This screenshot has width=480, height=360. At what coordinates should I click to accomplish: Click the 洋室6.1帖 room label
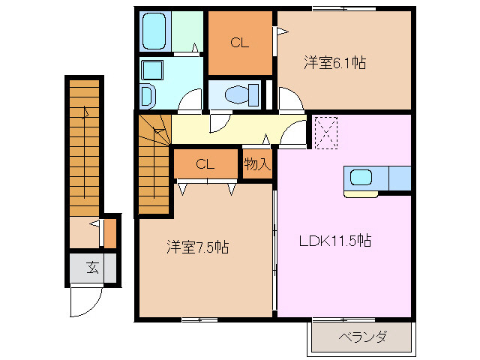coord(334,63)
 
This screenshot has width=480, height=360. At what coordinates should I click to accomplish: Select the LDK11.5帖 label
coord(335,241)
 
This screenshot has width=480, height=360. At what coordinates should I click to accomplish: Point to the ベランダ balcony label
coord(362,337)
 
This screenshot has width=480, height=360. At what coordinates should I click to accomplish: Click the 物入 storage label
coord(256,163)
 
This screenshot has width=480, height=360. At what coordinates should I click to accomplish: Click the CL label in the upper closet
coord(240,43)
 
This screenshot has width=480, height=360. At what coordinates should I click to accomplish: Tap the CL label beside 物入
coord(205,163)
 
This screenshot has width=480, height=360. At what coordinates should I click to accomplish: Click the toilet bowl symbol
coord(235,94)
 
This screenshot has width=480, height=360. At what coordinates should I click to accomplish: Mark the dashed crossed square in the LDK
coord(325,132)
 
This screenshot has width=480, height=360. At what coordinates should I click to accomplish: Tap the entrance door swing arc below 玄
coord(83,302)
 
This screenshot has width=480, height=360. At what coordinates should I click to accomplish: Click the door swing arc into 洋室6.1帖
coord(289,99)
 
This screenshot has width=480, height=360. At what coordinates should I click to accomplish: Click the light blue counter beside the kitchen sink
coord(400,178)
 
